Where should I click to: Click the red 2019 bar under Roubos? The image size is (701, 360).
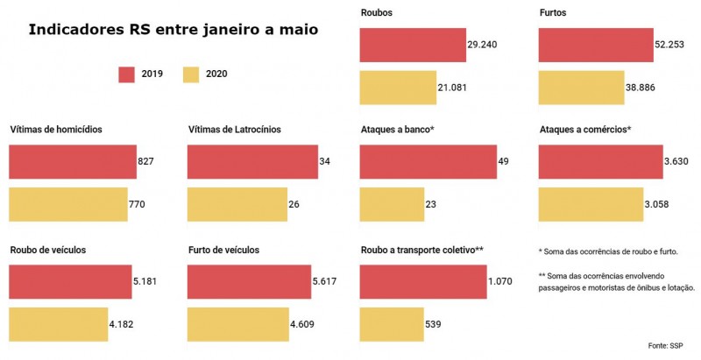(412, 45)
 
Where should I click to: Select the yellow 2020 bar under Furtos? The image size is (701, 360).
(581, 88)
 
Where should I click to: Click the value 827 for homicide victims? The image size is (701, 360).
(146, 162)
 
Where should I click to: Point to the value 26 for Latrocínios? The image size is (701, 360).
(294, 205)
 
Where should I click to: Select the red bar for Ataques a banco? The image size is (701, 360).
(428, 162)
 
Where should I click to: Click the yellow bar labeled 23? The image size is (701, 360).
(392, 205)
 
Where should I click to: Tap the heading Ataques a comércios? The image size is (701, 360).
(585, 130)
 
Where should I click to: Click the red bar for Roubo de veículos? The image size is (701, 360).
(70, 281)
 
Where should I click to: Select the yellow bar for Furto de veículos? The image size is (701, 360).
(237, 325)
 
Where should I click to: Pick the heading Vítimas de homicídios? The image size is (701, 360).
(56, 130)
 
